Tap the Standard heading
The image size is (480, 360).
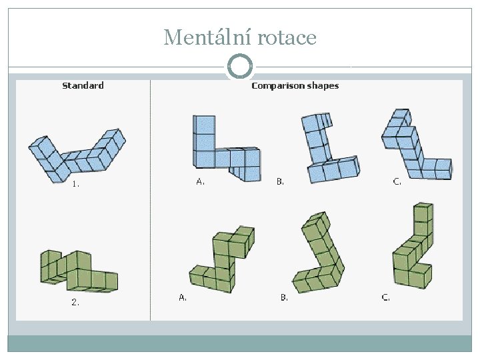(x=83, y=85)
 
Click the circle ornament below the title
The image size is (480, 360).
(x=240, y=67)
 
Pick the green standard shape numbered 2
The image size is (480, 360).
(x=77, y=271)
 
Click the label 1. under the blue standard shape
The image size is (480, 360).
(x=76, y=185)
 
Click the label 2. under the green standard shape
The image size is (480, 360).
(x=75, y=302)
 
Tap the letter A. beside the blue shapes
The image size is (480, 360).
(x=200, y=181)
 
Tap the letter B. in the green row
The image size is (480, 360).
(x=284, y=298)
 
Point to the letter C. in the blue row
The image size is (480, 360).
(x=397, y=181)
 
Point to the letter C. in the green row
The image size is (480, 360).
(x=385, y=298)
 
